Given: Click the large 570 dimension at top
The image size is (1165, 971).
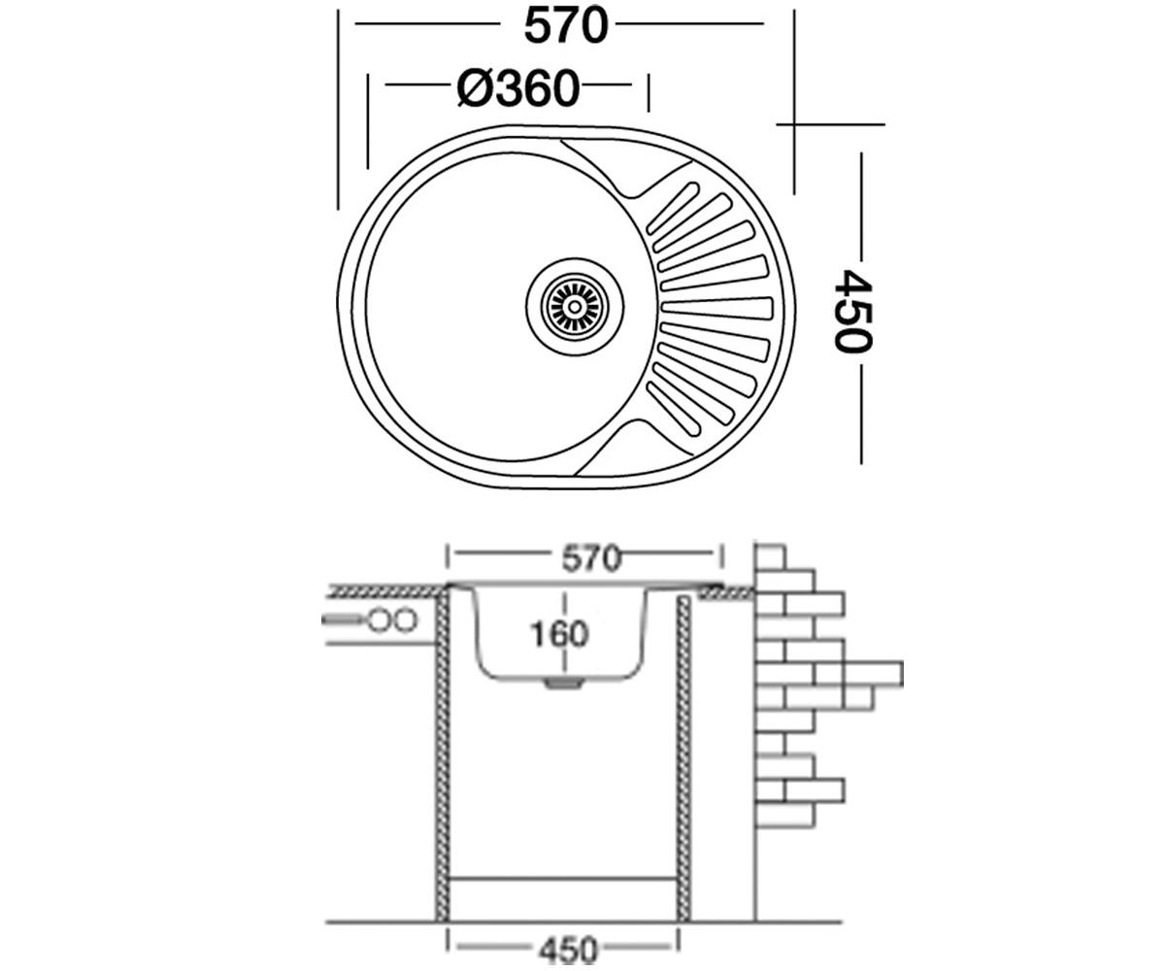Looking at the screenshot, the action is click(x=566, y=26).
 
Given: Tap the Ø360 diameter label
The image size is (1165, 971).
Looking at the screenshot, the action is click(x=518, y=88).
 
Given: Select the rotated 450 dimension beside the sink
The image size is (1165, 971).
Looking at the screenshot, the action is click(x=852, y=311).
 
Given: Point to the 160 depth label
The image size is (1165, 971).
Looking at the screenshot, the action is click(x=559, y=634).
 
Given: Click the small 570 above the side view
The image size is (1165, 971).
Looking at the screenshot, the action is click(x=591, y=558).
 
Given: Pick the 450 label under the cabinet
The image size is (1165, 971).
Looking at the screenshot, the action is click(x=568, y=950).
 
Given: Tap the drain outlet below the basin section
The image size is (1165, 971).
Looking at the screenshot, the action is click(x=564, y=684).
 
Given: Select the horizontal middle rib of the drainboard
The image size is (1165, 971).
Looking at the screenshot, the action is click(x=717, y=309).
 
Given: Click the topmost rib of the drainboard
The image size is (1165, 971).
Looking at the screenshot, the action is click(x=673, y=208).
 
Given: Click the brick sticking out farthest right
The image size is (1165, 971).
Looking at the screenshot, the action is click(x=873, y=673).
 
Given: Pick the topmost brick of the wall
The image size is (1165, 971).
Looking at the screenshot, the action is click(x=770, y=557).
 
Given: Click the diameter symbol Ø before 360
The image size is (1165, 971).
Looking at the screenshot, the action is click(x=474, y=88).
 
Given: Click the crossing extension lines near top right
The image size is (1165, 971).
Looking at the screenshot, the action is click(x=794, y=124).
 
